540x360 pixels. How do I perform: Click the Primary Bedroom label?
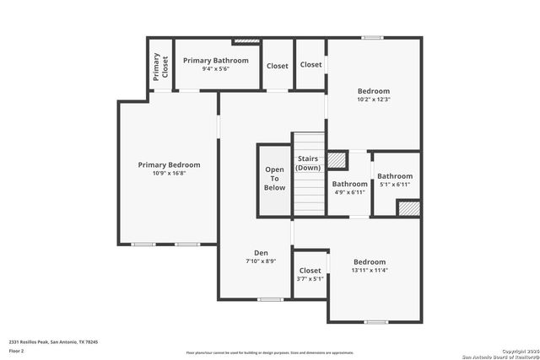click(169, 164)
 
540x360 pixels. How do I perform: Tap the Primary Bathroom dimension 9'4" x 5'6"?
click(216, 69)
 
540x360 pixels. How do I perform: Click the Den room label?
click(261, 253)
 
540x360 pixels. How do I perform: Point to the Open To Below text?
click(275, 178)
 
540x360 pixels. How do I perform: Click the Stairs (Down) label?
click(307, 163)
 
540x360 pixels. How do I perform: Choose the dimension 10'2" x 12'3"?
click(373, 99)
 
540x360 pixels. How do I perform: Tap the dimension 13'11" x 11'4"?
click(370, 271)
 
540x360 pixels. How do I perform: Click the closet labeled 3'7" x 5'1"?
click(310, 279)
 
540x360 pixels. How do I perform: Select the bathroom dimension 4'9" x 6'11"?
click(349, 192)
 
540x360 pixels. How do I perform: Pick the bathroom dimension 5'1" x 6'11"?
click(394, 184)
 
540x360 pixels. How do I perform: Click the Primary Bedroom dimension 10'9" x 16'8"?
click(169, 174)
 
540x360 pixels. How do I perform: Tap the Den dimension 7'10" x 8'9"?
click(261, 261)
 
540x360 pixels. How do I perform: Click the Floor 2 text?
click(16, 350)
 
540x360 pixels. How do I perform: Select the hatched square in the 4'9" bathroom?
click(337, 160)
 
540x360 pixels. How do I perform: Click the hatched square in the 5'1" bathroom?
click(409, 208)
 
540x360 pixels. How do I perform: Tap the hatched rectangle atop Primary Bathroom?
click(246, 40)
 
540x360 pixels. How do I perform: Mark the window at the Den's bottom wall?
click(270, 299)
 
